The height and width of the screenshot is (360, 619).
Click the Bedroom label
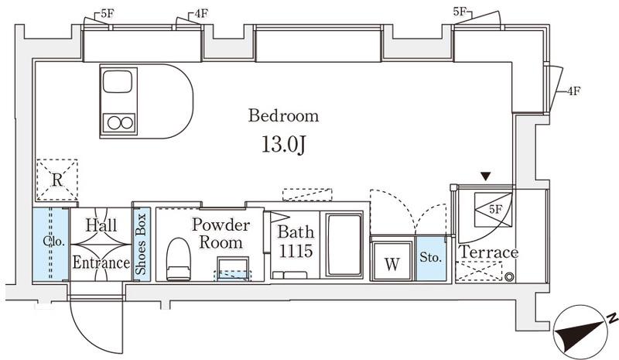point(283,115)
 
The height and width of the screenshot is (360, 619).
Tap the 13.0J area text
point(283,145)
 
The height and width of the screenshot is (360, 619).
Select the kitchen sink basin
point(117,81)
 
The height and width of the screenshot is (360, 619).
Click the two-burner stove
point(120,123)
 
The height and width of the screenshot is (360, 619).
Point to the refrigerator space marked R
point(56,180)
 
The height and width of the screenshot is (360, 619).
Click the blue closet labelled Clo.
point(50,244)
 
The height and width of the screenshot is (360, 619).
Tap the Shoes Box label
point(141,244)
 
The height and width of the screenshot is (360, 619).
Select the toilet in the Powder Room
point(178,259)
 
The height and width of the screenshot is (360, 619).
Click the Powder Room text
point(221,234)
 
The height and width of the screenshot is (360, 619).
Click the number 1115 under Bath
point(296,251)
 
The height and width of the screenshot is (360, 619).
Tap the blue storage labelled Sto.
point(430,258)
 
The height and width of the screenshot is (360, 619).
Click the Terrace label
point(489,252)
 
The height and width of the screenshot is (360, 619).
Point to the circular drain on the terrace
point(510,277)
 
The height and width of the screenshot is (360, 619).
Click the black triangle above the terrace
point(486,177)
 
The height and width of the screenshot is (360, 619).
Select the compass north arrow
point(581,331)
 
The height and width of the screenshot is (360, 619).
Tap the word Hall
point(101,225)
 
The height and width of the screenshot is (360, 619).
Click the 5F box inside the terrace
point(493,210)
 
